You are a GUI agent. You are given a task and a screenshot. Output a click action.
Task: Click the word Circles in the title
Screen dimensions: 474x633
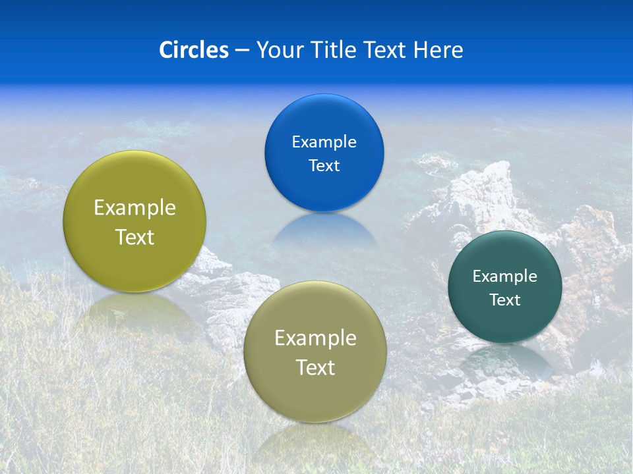tap(193, 50)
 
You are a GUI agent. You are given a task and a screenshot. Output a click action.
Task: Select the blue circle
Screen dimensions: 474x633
tap(324, 118)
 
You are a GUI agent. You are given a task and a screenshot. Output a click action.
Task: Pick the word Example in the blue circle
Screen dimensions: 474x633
tap(324, 142)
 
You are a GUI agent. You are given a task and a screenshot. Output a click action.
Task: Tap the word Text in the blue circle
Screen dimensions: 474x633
tap(324, 166)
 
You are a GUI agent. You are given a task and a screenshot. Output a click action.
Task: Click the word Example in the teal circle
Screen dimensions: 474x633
tap(505, 276)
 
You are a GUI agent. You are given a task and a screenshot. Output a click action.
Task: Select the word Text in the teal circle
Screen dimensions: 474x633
tap(505, 300)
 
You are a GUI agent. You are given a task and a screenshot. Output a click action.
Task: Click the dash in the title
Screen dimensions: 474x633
tap(242, 51)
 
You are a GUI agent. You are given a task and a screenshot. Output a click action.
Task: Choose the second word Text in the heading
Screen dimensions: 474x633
tap(386, 50)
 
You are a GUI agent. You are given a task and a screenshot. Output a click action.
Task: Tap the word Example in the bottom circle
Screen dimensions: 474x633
tap(315, 338)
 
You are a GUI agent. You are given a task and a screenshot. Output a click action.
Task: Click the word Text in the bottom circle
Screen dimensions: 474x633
tap(315, 367)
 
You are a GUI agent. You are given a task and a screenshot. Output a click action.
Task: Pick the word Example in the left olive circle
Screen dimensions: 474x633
tap(135, 208)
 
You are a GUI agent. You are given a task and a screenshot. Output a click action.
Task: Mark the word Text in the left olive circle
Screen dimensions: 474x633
tap(135, 237)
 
